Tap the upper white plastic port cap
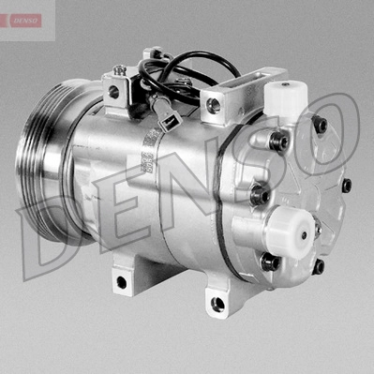pyautogui.click(x=286, y=97)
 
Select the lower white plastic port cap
pyautogui.click(x=291, y=232)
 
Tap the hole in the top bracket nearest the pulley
pyautogui.click(x=113, y=91)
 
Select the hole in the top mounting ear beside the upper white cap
pyautogui.click(x=214, y=106)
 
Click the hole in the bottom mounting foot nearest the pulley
pyautogui.click(x=122, y=282)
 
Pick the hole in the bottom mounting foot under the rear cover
pyautogui.click(x=217, y=304)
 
